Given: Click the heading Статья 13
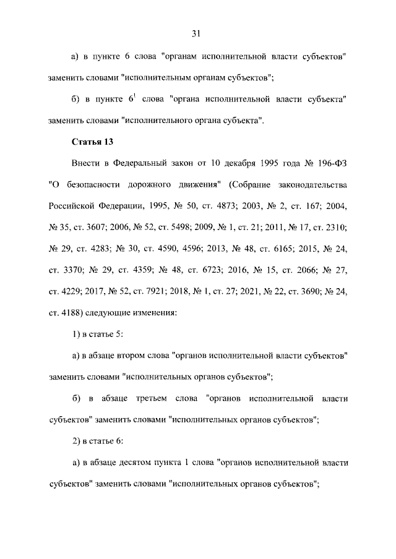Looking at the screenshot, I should pyautogui.click(x=92, y=142).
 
